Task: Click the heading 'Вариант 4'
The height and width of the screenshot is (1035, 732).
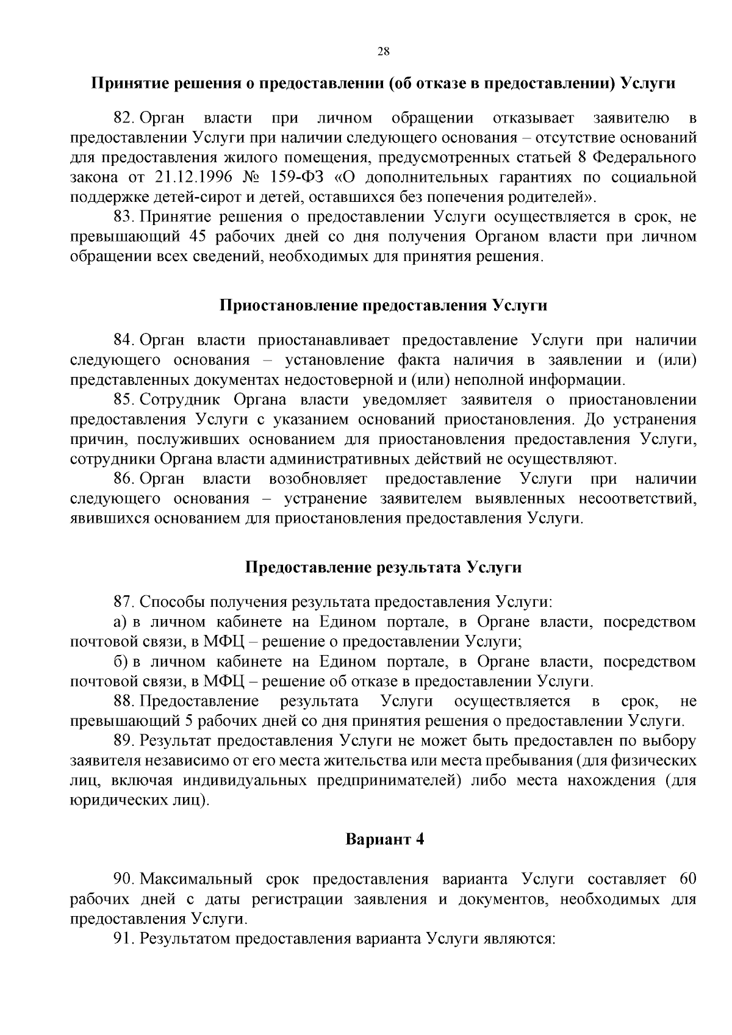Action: [x=384, y=839]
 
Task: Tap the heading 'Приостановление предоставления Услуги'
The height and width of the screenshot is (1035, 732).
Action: [x=383, y=306]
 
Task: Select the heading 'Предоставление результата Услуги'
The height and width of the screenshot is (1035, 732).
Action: [x=383, y=567]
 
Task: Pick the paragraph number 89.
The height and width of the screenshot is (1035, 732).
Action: [x=124, y=741]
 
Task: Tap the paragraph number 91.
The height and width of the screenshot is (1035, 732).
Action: [x=124, y=938]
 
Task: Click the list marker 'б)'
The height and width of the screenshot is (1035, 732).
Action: [x=120, y=662]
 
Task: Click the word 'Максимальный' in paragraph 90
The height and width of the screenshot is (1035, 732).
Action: [x=196, y=879]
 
